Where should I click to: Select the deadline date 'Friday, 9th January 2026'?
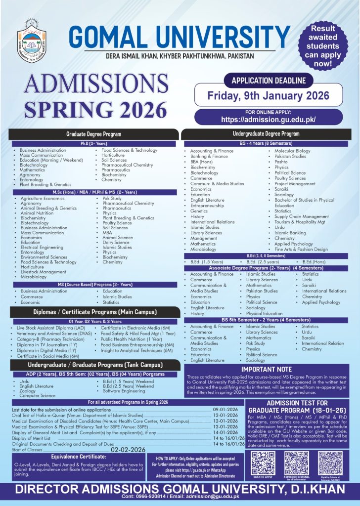coord(268,95)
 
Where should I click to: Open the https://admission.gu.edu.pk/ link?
coord(268,119)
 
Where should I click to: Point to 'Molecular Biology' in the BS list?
coord(292,151)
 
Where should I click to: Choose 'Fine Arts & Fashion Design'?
coord(301,250)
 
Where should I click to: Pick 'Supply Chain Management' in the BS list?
coord(301,216)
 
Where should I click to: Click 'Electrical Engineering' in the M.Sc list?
coord(42,247)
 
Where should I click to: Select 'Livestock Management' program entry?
coord(44,272)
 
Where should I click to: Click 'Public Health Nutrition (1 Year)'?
coord(131,339)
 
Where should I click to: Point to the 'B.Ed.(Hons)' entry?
coord(314,261)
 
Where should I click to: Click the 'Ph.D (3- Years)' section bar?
coord(94,143)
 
